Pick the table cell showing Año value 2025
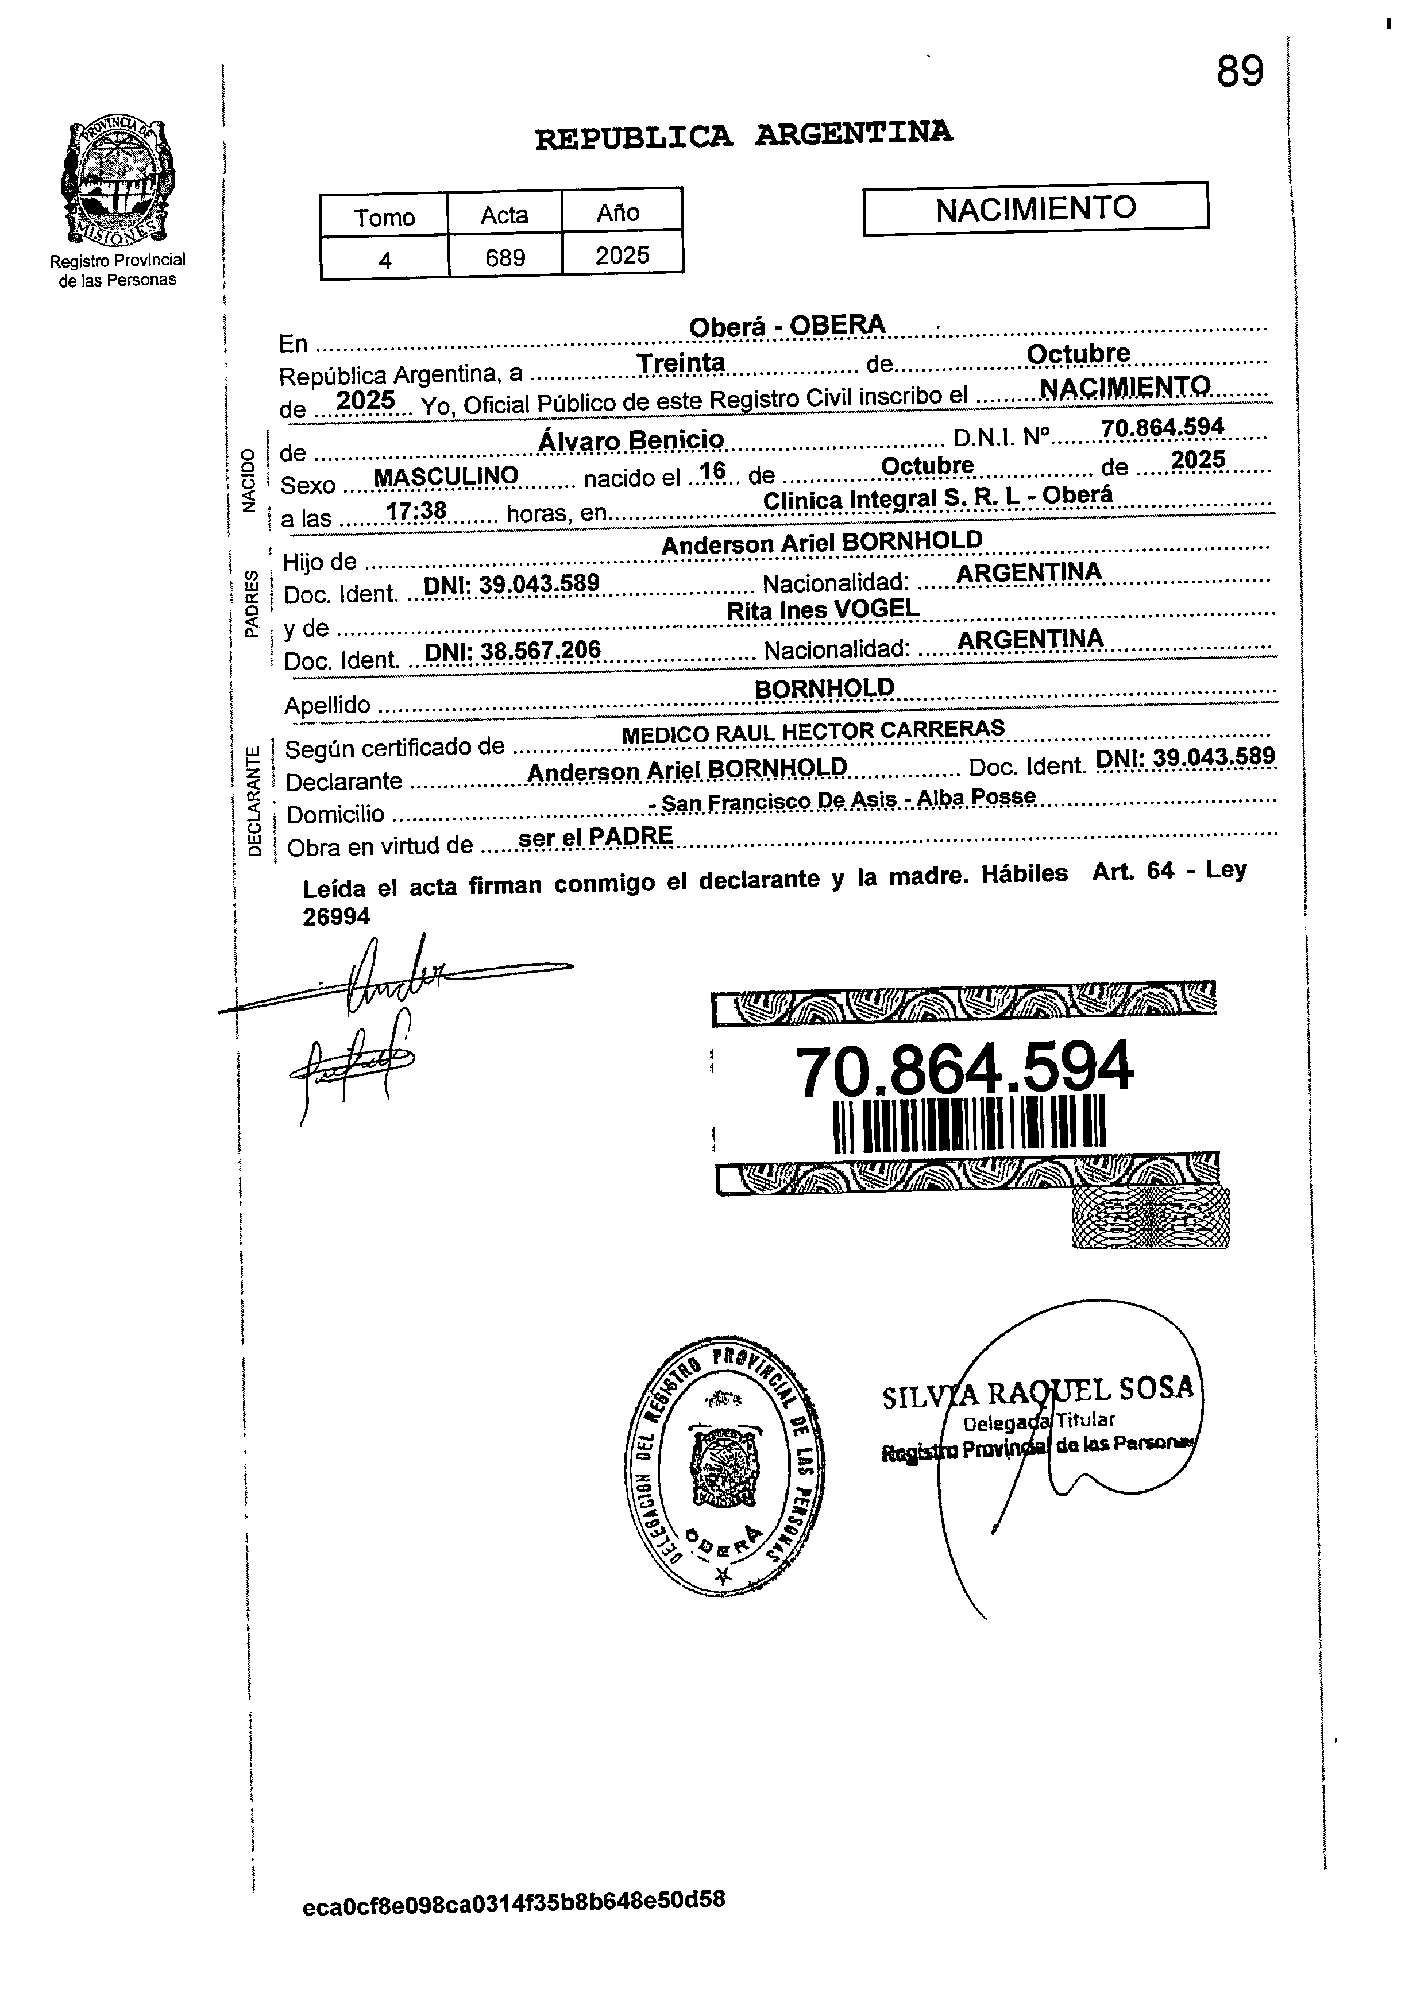click(x=622, y=255)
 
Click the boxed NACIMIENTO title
click(x=1035, y=208)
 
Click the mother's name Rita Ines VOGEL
click(x=823, y=610)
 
